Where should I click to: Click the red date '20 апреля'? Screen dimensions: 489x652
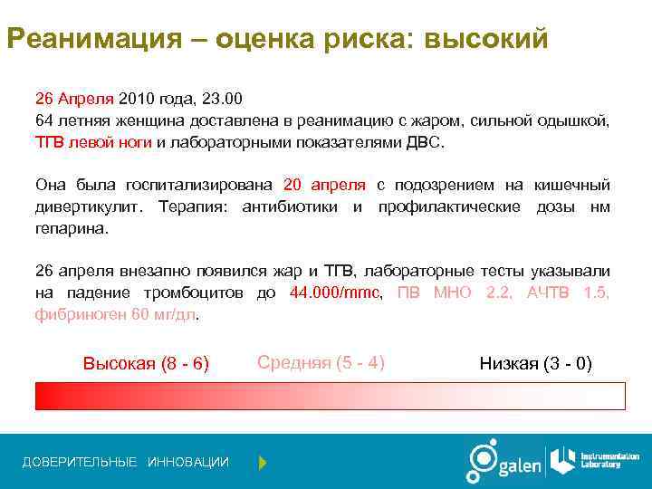pyautogui.click(x=324, y=185)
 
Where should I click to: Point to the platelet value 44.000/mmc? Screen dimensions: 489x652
pyautogui.click(x=336, y=293)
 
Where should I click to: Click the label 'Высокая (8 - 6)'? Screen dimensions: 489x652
pyautogui.click(x=146, y=364)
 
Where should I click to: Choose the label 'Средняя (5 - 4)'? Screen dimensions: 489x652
pyautogui.click(x=321, y=363)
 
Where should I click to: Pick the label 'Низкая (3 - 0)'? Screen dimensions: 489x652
pyautogui.click(x=535, y=364)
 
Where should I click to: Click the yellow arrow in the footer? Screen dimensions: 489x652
pyautogui.click(x=263, y=463)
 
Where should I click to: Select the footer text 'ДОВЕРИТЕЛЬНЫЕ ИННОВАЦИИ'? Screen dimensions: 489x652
pyautogui.click(x=126, y=463)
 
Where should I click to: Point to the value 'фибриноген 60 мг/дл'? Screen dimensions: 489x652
pyautogui.click(x=115, y=315)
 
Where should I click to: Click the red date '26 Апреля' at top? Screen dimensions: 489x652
pyautogui.click(x=74, y=98)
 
